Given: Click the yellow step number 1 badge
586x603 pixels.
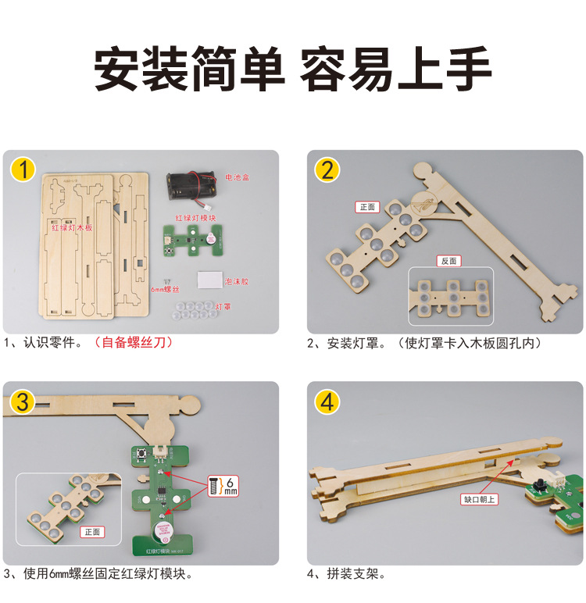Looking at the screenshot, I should (x=24, y=169).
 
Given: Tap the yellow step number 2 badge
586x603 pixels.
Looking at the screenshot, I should (x=327, y=169).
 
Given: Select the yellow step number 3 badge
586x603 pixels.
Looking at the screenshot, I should (x=24, y=401).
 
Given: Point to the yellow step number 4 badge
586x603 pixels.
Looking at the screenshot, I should (x=327, y=401).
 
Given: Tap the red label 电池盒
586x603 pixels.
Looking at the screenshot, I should (x=238, y=177).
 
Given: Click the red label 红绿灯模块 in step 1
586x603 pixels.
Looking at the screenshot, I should (x=195, y=217).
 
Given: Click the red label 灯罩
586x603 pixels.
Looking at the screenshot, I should (x=223, y=308).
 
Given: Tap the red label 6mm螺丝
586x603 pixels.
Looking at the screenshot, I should (x=165, y=289).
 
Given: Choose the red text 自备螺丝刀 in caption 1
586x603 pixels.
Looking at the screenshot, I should (x=132, y=342).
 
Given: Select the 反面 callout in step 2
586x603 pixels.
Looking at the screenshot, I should (x=448, y=261).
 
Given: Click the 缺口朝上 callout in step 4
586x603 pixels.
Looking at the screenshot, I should (x=479, y=498).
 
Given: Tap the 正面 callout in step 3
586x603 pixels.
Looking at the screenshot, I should (x=92, y=531).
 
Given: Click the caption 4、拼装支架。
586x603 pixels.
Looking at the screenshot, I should (x=346, y=574).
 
